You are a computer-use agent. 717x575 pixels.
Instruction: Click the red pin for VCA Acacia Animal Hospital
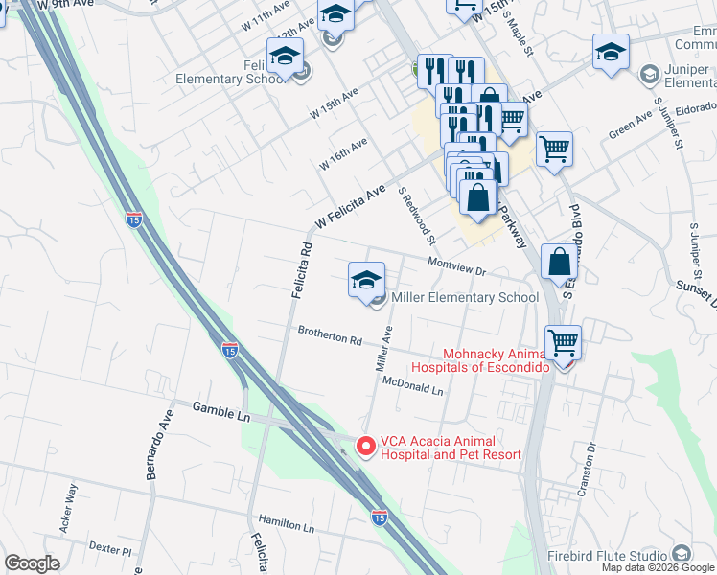click(364, 447)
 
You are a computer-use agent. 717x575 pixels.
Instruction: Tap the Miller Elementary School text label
click(464, 297)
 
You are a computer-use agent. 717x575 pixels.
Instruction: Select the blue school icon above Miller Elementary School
click(365, 281)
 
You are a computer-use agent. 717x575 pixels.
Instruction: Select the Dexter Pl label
click(109, 550)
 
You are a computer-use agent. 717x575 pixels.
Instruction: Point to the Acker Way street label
click(69, 505)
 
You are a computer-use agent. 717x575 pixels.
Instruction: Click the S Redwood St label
click(418, 215)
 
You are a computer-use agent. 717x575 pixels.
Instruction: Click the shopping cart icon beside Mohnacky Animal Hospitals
click(563, 342)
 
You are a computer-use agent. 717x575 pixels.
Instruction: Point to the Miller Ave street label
click(383, 349)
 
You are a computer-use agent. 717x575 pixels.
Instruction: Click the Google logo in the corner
click(32, 563)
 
